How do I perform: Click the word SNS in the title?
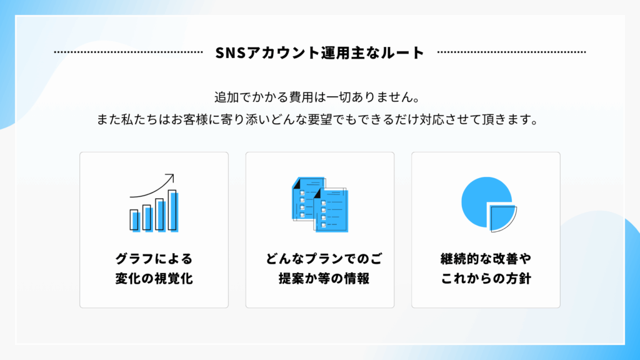[x=229, y=52]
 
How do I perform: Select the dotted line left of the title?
[x=129, y=52]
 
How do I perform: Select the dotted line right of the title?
[x=511, y=52]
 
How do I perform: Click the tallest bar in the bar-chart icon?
[x=173, y=211]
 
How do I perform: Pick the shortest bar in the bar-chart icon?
[x=134, y=221]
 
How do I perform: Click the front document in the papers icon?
[x=331, y=210]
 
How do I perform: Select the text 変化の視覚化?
[x=154, y=279]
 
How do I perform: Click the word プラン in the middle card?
[x=332, y=259]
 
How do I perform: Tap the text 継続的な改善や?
[x=486, y=259]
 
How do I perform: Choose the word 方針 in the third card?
[x=519, y=279]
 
